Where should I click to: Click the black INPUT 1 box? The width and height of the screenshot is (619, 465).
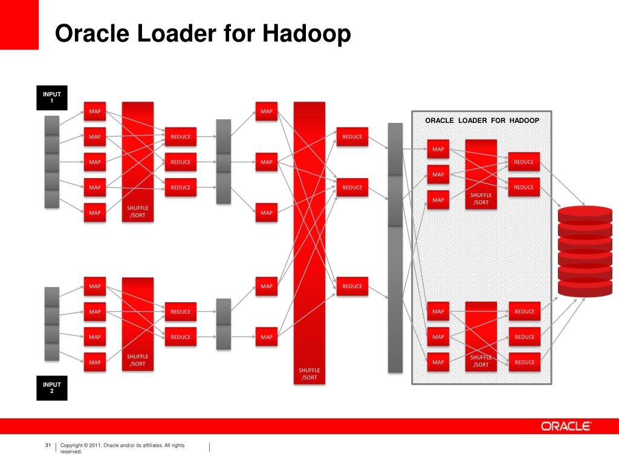[52, 97]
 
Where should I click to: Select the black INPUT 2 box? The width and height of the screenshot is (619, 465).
[52, 387]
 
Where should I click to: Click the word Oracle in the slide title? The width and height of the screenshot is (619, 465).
[92, 34]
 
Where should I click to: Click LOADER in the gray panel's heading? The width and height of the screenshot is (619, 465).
[472, 120]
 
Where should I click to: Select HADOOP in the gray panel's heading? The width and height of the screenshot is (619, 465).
[523, 120]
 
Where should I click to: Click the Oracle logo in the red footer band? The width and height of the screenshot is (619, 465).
[566, 426]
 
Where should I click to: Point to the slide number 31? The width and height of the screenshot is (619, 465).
[48, 446]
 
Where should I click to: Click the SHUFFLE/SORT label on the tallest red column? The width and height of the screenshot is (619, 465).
[309, 374]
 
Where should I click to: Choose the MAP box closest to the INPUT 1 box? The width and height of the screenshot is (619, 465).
[95, 111]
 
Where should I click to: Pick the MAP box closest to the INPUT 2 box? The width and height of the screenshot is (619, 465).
[95, 362]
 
